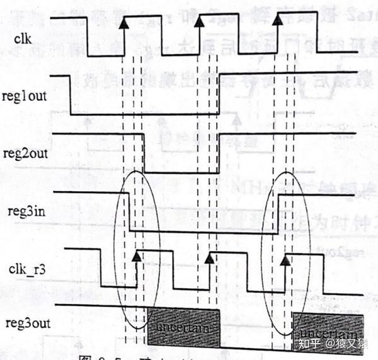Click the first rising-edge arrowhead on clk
(124, 23)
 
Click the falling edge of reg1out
(69, 95)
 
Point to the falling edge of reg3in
(129, 212)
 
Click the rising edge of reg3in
(278, 214)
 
